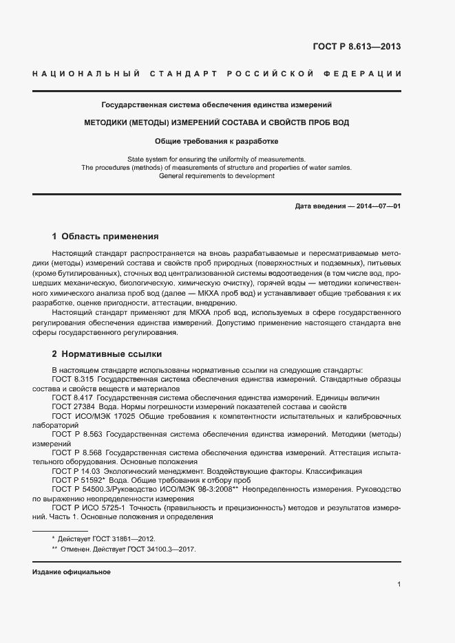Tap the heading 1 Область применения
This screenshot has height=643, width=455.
pyautogui.click(x=105, y=235)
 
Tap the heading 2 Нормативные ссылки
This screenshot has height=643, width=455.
pyautogui.click(x=107, y=354)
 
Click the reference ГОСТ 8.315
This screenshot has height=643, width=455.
pyautogui.click(x=73, y=379)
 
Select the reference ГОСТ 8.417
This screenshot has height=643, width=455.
pyautogui.click(x=73, y=397)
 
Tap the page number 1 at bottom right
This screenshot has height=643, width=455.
pyautogui.click(x=399, y=585)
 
